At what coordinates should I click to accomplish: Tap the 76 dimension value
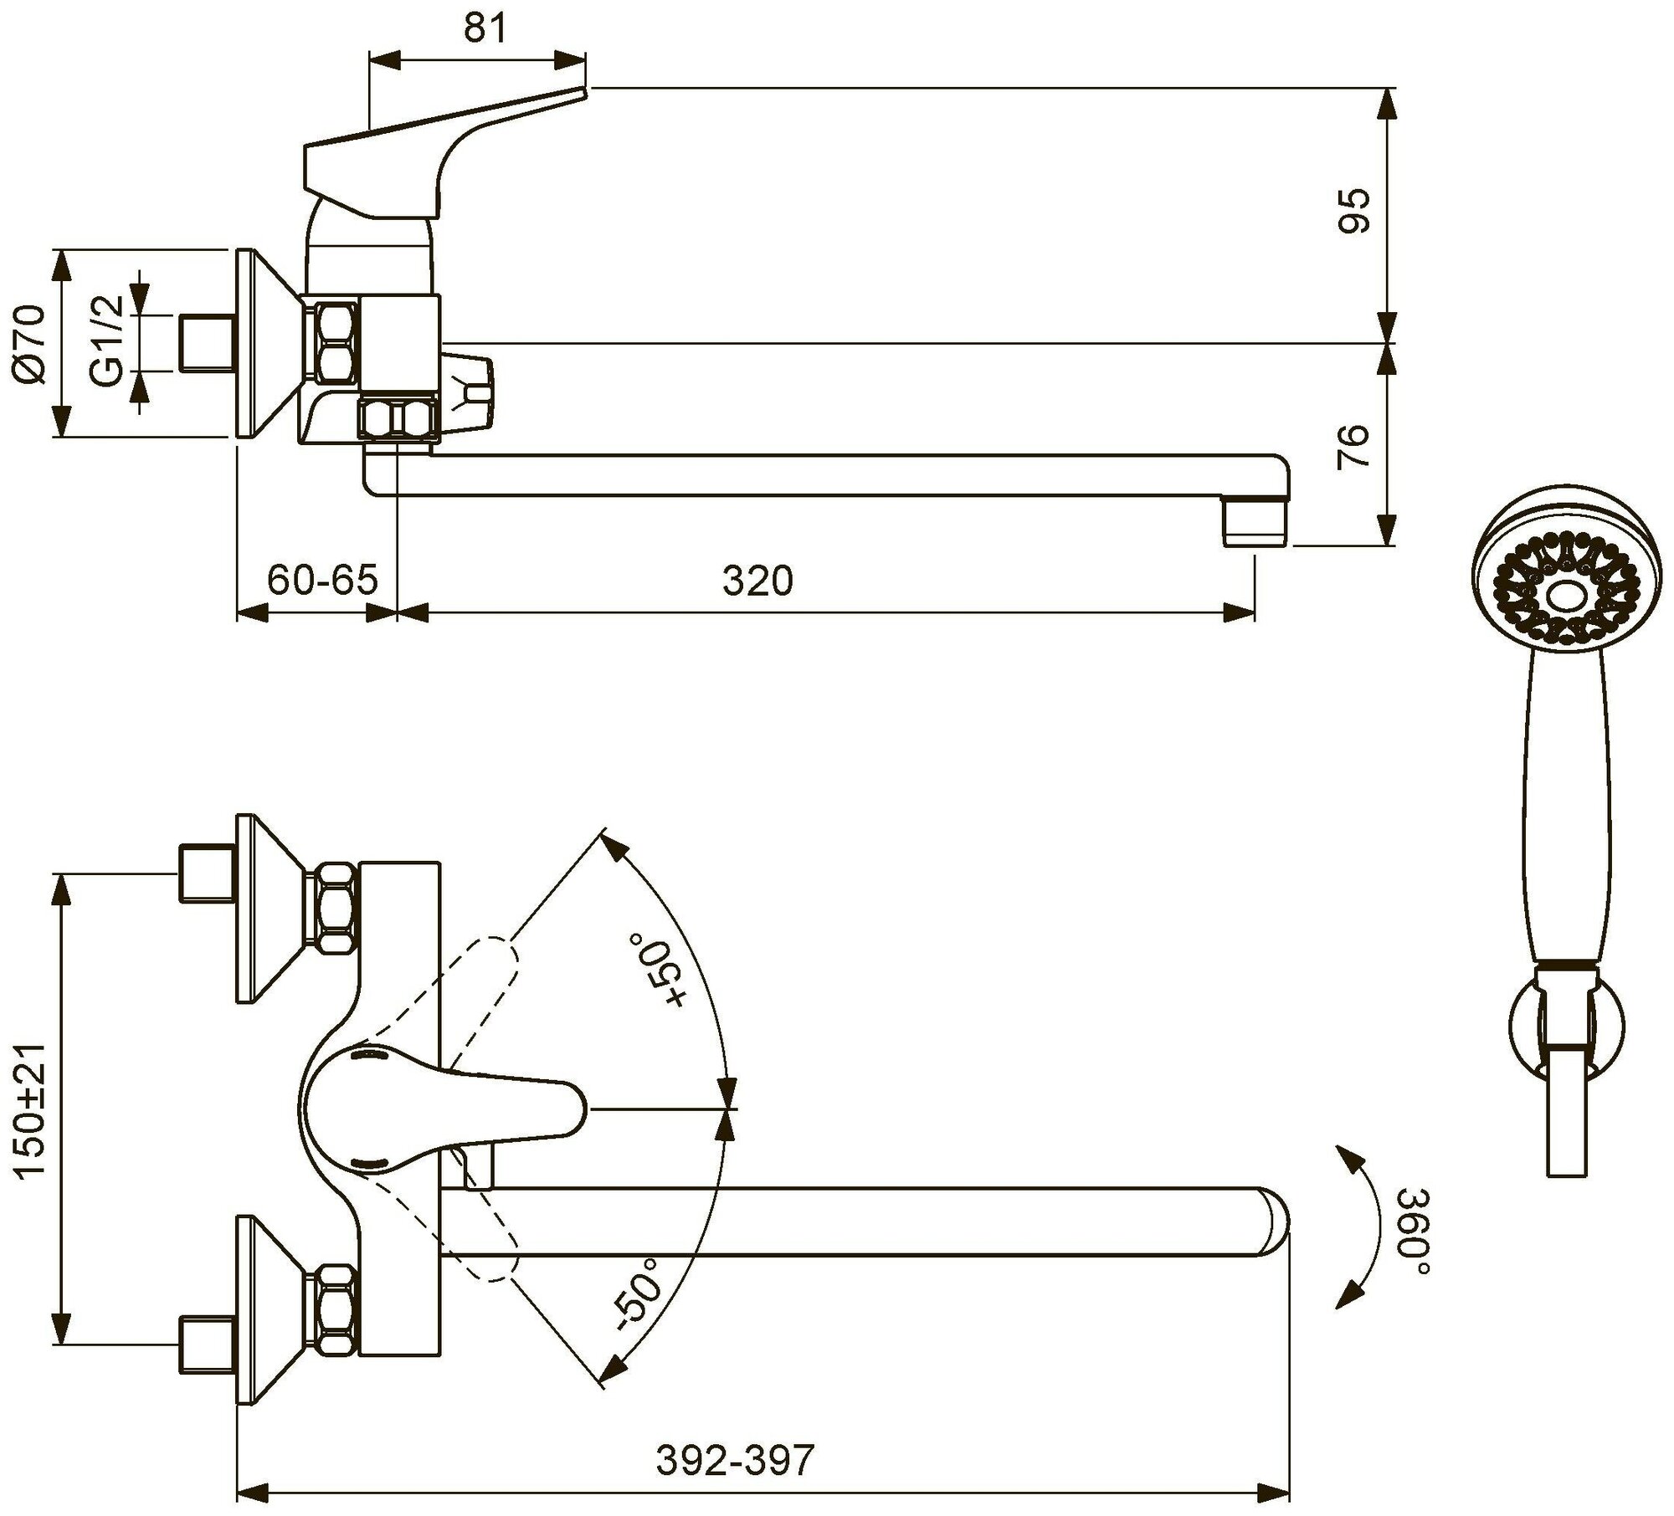point(1355,446)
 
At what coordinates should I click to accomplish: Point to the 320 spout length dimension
point(757,580)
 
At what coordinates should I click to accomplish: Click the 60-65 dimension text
point(323,580)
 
